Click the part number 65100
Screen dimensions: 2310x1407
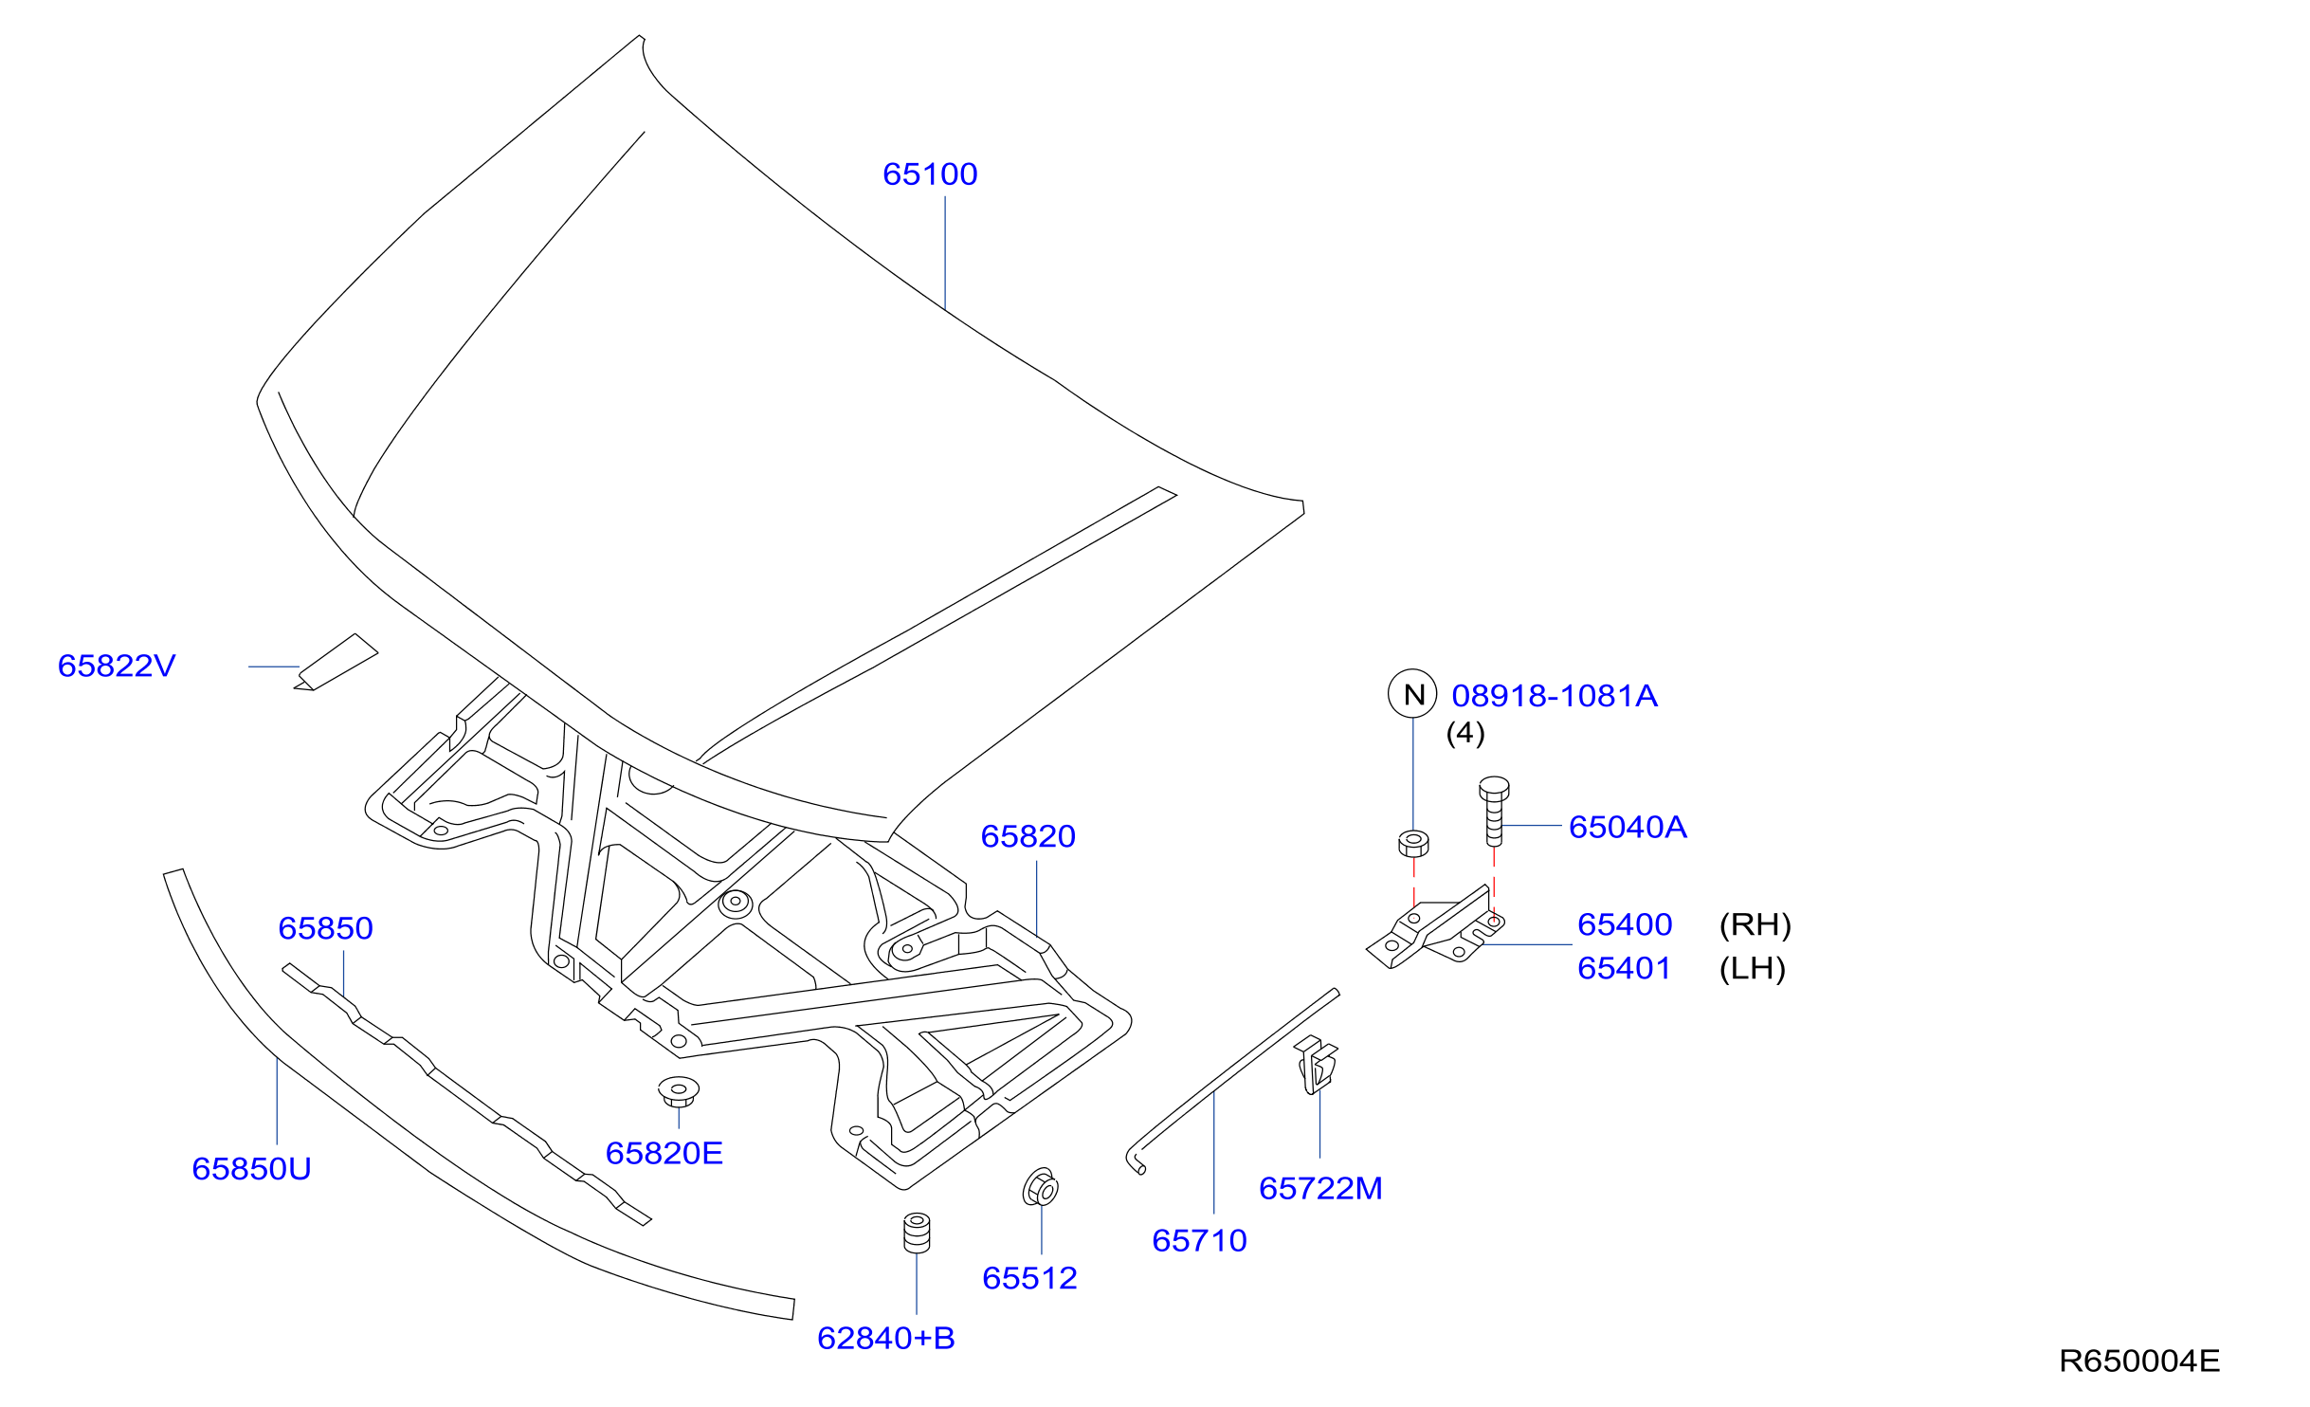[x=930, y=174]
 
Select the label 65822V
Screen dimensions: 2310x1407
[x=117, y=666]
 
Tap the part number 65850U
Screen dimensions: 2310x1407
[x=251, y=1168]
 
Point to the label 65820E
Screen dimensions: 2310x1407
[x=664, y=1153]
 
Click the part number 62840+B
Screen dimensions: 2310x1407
[x=886, y=1338]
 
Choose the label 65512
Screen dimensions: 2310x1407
[x=1030, y=1278]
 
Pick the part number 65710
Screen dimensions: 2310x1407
[x=1200, y=1240]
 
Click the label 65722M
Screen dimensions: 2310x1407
[x=1321, y=1188]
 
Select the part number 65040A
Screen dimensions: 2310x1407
[x=1628, y=827]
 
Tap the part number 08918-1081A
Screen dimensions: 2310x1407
[x=1555, y=696]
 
